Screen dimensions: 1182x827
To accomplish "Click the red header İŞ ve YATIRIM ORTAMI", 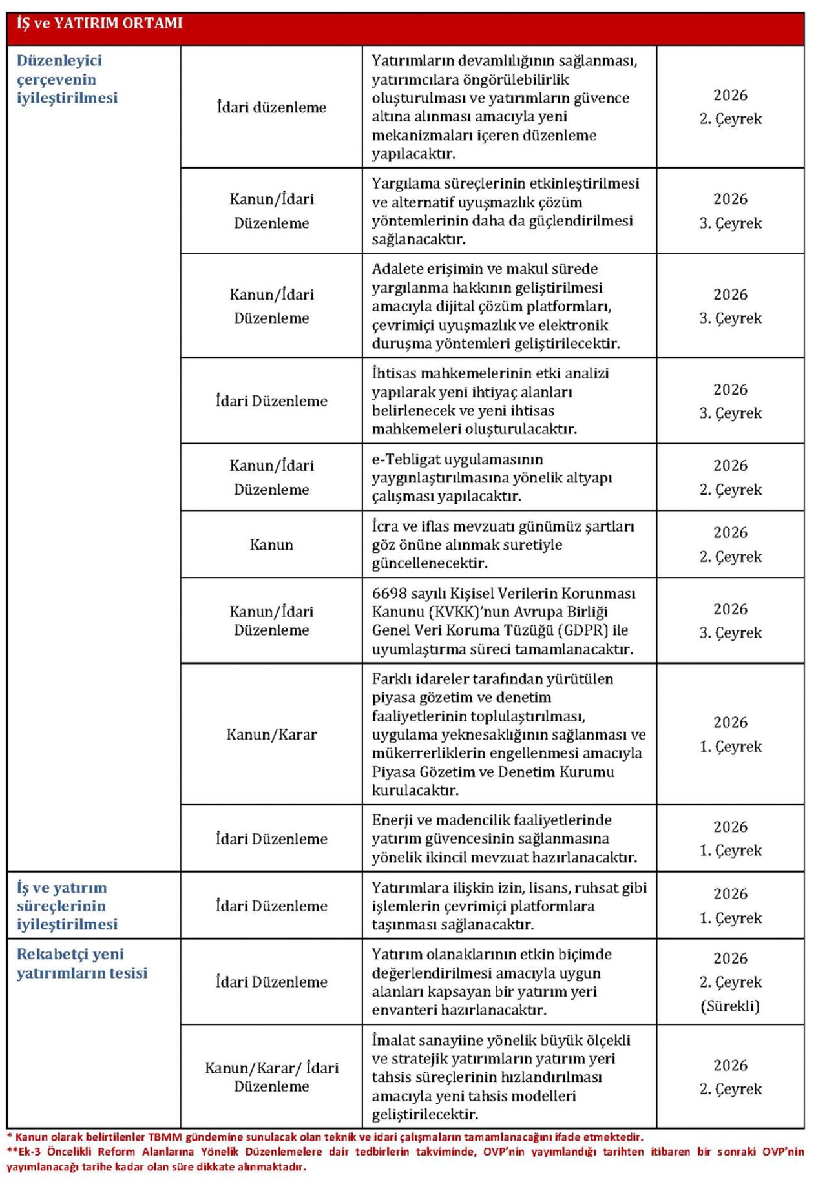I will pos(100,24).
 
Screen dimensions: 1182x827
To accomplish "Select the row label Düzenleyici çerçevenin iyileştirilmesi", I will pos(67,79).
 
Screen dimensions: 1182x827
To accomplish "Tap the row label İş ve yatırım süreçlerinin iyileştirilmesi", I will pos(67,906).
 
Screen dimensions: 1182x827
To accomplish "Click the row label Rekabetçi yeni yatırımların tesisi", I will pos(82,963).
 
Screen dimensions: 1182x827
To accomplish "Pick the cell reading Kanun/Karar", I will pos(271,734).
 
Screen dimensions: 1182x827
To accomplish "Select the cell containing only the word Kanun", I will pos(271,544).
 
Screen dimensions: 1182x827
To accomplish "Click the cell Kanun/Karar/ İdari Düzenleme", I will pos(271,1077).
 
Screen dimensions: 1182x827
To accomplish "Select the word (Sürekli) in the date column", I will pos(730,1006).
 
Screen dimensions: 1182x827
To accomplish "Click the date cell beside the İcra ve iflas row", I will pos(730,544).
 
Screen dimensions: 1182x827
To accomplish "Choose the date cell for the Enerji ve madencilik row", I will pos(730,838).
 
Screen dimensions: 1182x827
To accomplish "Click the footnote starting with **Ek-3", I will pos(405,1159).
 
